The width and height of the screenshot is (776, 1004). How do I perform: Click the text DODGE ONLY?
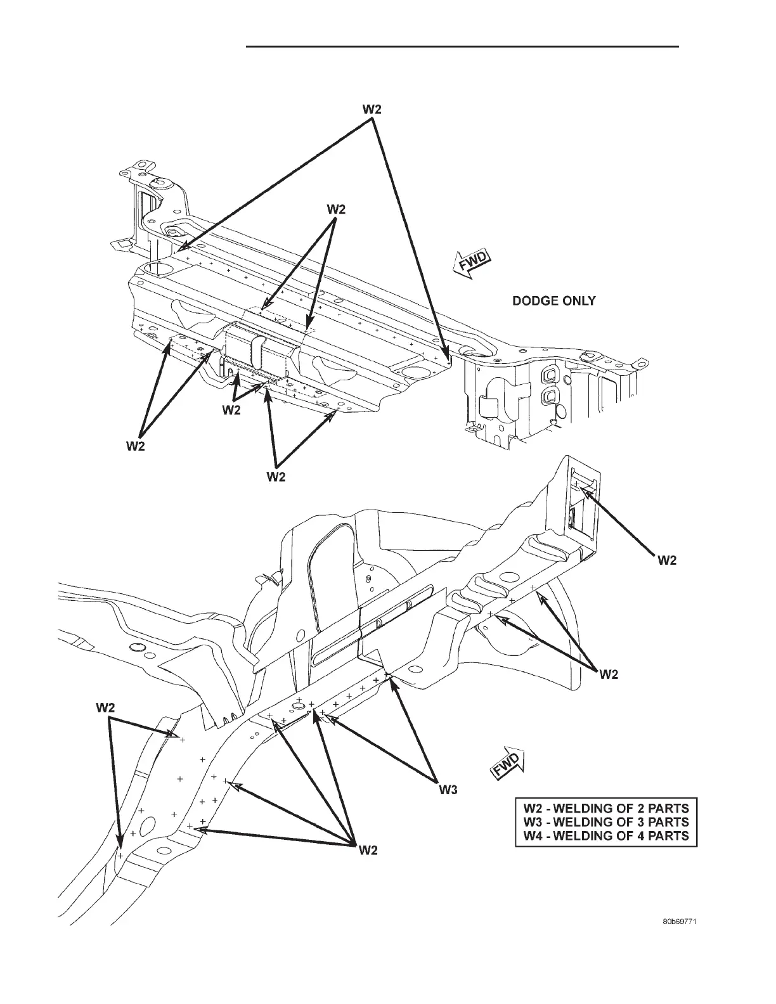point(553,301)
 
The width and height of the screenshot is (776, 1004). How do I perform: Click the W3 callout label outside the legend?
point(448,790)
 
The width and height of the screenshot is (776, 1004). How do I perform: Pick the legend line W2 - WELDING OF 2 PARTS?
point(605,808)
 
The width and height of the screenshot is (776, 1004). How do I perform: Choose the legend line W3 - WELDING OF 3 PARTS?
point(605,822)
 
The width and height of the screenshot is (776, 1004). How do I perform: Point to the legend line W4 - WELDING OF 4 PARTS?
point(605,835)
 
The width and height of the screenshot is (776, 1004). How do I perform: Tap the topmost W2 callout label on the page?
point(372,109)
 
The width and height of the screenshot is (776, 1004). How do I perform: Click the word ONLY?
point(578,301)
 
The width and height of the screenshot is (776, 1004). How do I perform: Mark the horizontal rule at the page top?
point(462,46)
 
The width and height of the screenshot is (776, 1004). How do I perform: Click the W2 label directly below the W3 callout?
point(368,850)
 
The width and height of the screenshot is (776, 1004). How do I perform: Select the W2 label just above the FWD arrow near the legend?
point(609,675)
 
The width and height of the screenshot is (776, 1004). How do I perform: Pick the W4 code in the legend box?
point(533,835)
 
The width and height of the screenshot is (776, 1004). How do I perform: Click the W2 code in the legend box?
point(533,808)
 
